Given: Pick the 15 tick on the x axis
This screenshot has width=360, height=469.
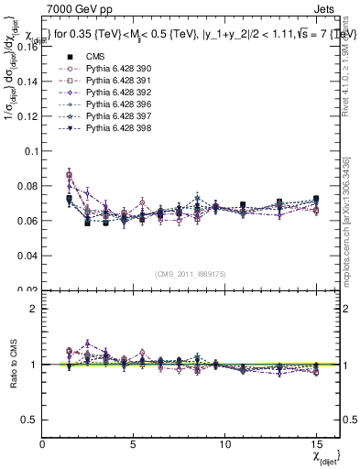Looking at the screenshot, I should [315, 443].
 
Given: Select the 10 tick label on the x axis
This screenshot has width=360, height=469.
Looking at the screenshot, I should [224, 443].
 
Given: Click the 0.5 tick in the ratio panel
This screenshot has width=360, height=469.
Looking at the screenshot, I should [30, 420].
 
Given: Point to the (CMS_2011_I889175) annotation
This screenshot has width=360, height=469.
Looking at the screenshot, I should [180, 272].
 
